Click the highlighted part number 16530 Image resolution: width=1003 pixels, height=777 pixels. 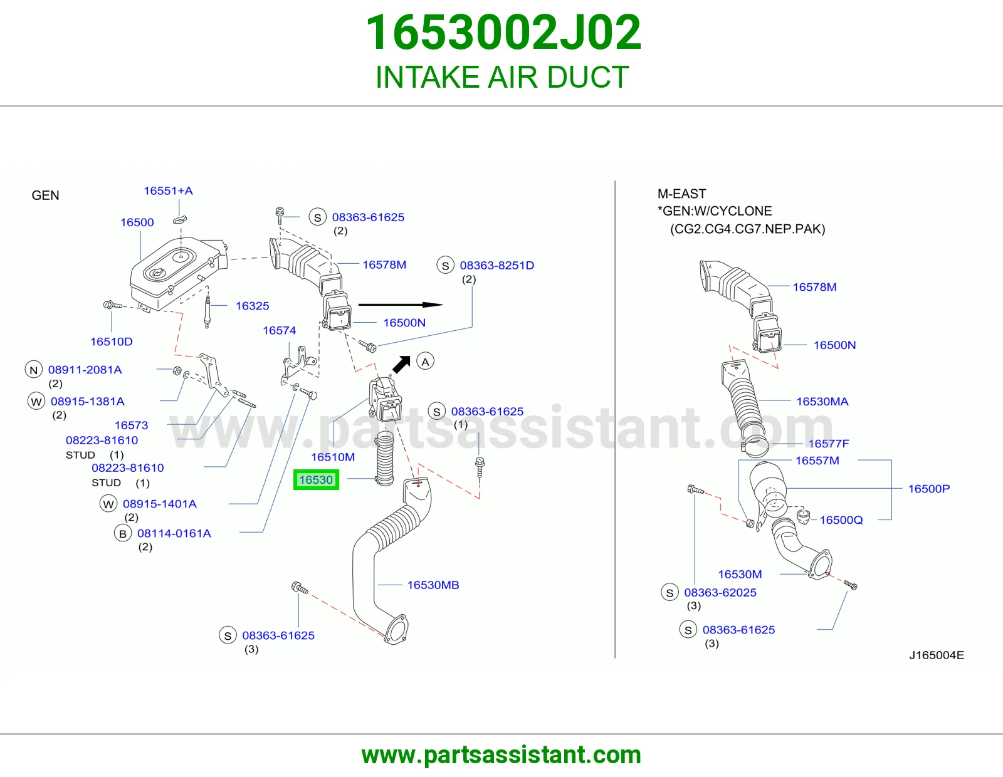pos(316,480)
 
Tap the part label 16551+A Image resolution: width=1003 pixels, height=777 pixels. pos(168,190)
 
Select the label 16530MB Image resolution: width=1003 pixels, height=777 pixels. pos(433,585)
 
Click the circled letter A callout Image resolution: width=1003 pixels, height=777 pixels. pos(425,362)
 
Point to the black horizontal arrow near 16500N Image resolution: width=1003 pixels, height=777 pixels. pos(401,305)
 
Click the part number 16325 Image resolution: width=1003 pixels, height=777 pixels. pos(252,305)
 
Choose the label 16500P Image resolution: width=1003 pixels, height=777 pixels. pos(928,489)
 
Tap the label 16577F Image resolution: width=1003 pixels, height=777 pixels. pos(829,444)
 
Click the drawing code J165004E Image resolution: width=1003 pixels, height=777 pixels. pos(937,655)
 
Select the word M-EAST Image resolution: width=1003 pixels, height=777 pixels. pos(682,194)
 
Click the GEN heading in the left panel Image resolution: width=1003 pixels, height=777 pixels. pos(45,195)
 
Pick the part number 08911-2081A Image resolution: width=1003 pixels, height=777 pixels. pos(85,370)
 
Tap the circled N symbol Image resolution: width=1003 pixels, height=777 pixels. pos(34,370)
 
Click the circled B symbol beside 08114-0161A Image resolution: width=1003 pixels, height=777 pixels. pos(123,533)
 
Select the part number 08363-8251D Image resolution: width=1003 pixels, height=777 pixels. pos(496,265)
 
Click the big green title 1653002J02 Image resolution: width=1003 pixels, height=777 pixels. pos(503,33)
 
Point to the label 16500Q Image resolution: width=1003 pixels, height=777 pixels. pos(841,520)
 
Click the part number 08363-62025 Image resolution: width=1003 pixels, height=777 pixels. pos(720,592)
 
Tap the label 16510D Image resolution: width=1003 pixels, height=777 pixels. pos(111,342)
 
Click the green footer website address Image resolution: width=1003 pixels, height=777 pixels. pos(501,755)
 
